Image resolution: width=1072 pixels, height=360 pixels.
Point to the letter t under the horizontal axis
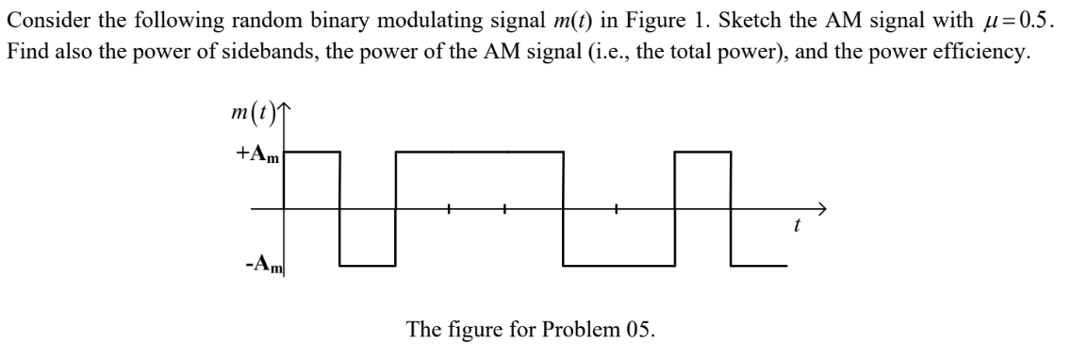(x=798, y=226)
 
